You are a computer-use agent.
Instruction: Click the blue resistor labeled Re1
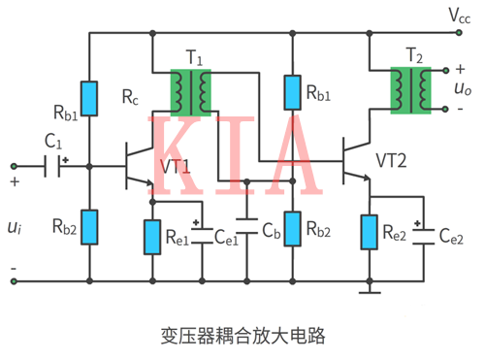pos(152,236)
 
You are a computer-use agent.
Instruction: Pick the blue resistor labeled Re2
pos(369,233)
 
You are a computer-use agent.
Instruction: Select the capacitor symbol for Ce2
pos(422,233)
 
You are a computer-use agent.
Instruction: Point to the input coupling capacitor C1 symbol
pos(57,165)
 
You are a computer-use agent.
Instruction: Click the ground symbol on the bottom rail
pos(369,287)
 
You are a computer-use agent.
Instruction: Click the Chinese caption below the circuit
pos(242,336)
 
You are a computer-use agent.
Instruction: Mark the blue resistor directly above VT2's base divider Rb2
pos(292,94)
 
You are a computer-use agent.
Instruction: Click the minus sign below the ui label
pos(14,268)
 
